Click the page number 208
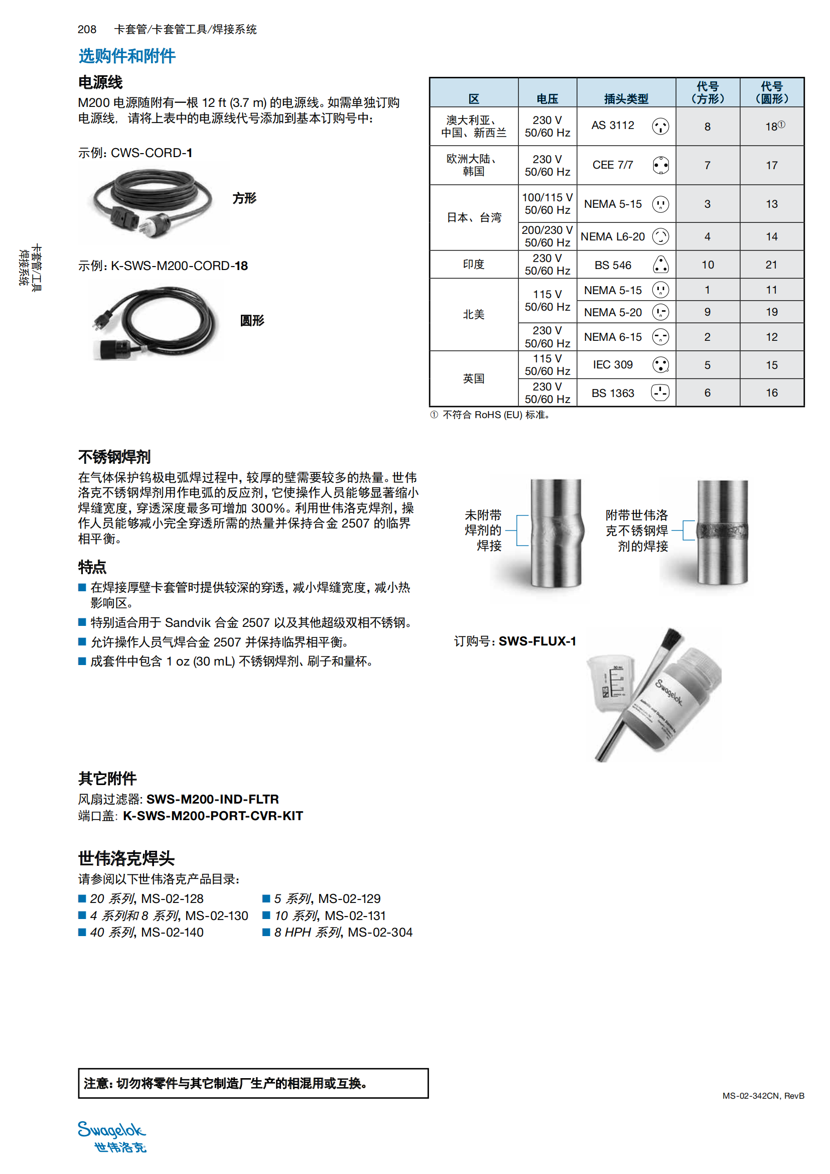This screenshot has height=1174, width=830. [87, 29]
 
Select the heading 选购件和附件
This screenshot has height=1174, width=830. [127, 56]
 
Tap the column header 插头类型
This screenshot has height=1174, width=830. [626, 99]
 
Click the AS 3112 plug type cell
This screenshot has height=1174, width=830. [612, 126]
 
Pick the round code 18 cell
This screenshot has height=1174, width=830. [772, 126]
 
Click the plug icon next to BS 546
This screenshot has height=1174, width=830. [660, 265]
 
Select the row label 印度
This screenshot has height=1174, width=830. [473, 265]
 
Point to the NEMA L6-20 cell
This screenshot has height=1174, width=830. [612, 237]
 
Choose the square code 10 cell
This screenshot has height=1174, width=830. [708, 265]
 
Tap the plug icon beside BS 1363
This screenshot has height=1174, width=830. [660, 393]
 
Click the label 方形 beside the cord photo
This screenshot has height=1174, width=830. [244, 198]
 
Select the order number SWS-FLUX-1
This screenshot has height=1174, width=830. [537, 641]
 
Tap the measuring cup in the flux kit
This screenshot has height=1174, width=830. [611, 683]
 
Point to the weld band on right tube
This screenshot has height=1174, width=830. [722, 530]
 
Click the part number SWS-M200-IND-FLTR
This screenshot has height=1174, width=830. [213, 799]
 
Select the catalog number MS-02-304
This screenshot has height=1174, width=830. [380, 933]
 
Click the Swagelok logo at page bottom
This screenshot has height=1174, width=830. [112, 1137]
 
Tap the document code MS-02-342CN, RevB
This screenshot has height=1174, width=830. [763, 1096]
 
